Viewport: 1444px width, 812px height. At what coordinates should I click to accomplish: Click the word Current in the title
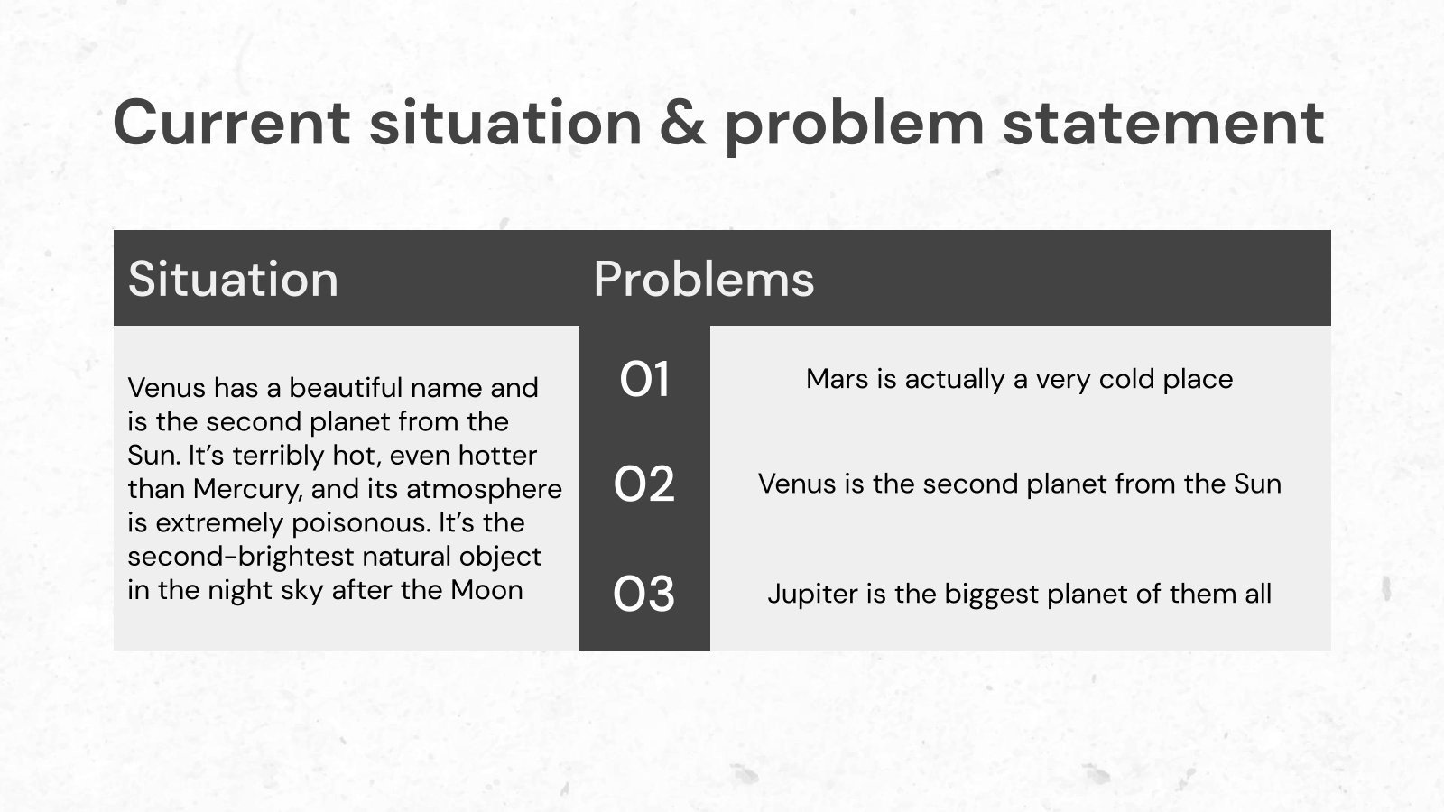(232, 123)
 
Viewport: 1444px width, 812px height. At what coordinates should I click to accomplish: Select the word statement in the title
(1163, 124)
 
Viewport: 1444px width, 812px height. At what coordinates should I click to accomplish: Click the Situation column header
(233, 279)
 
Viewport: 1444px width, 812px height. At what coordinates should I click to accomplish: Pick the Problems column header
(704, 279)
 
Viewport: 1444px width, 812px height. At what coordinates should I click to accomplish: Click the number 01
(644, 379)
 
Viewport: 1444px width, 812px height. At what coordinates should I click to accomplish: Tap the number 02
(644, 484)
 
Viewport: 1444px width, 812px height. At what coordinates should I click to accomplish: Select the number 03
(644, 594)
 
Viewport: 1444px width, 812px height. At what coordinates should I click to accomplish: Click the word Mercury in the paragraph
(247, 490)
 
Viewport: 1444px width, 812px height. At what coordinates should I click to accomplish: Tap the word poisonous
(360, 522)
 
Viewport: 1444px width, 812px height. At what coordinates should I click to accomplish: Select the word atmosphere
(484, 490)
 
